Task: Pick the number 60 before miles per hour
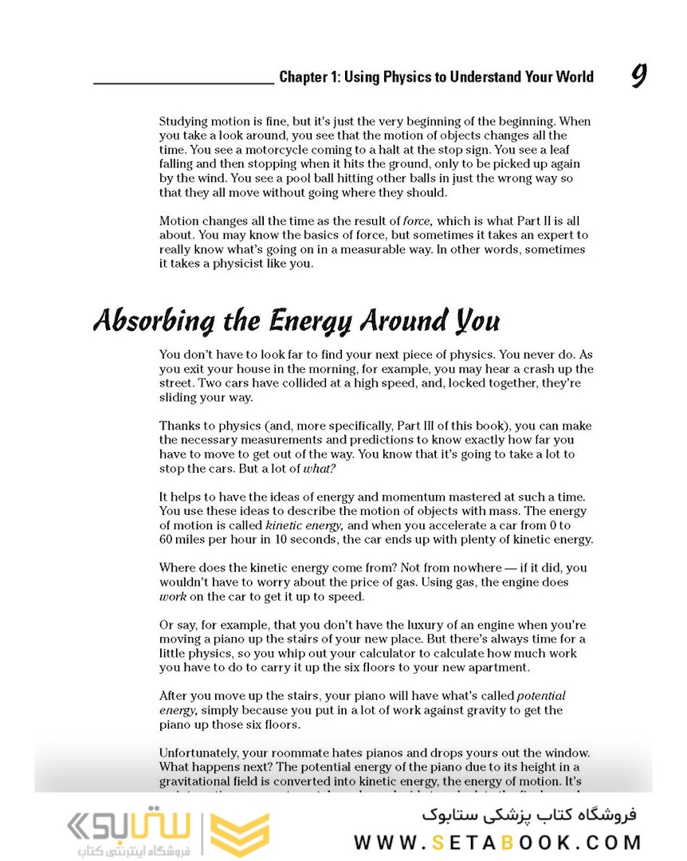pyautogui.click(x=167, y=540)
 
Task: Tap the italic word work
pyautogui.click(x=172, y=596)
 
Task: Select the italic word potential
pyautogui.click(x=542, y=696)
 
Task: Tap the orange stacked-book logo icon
pyautogui.click(x=243, y=833)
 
